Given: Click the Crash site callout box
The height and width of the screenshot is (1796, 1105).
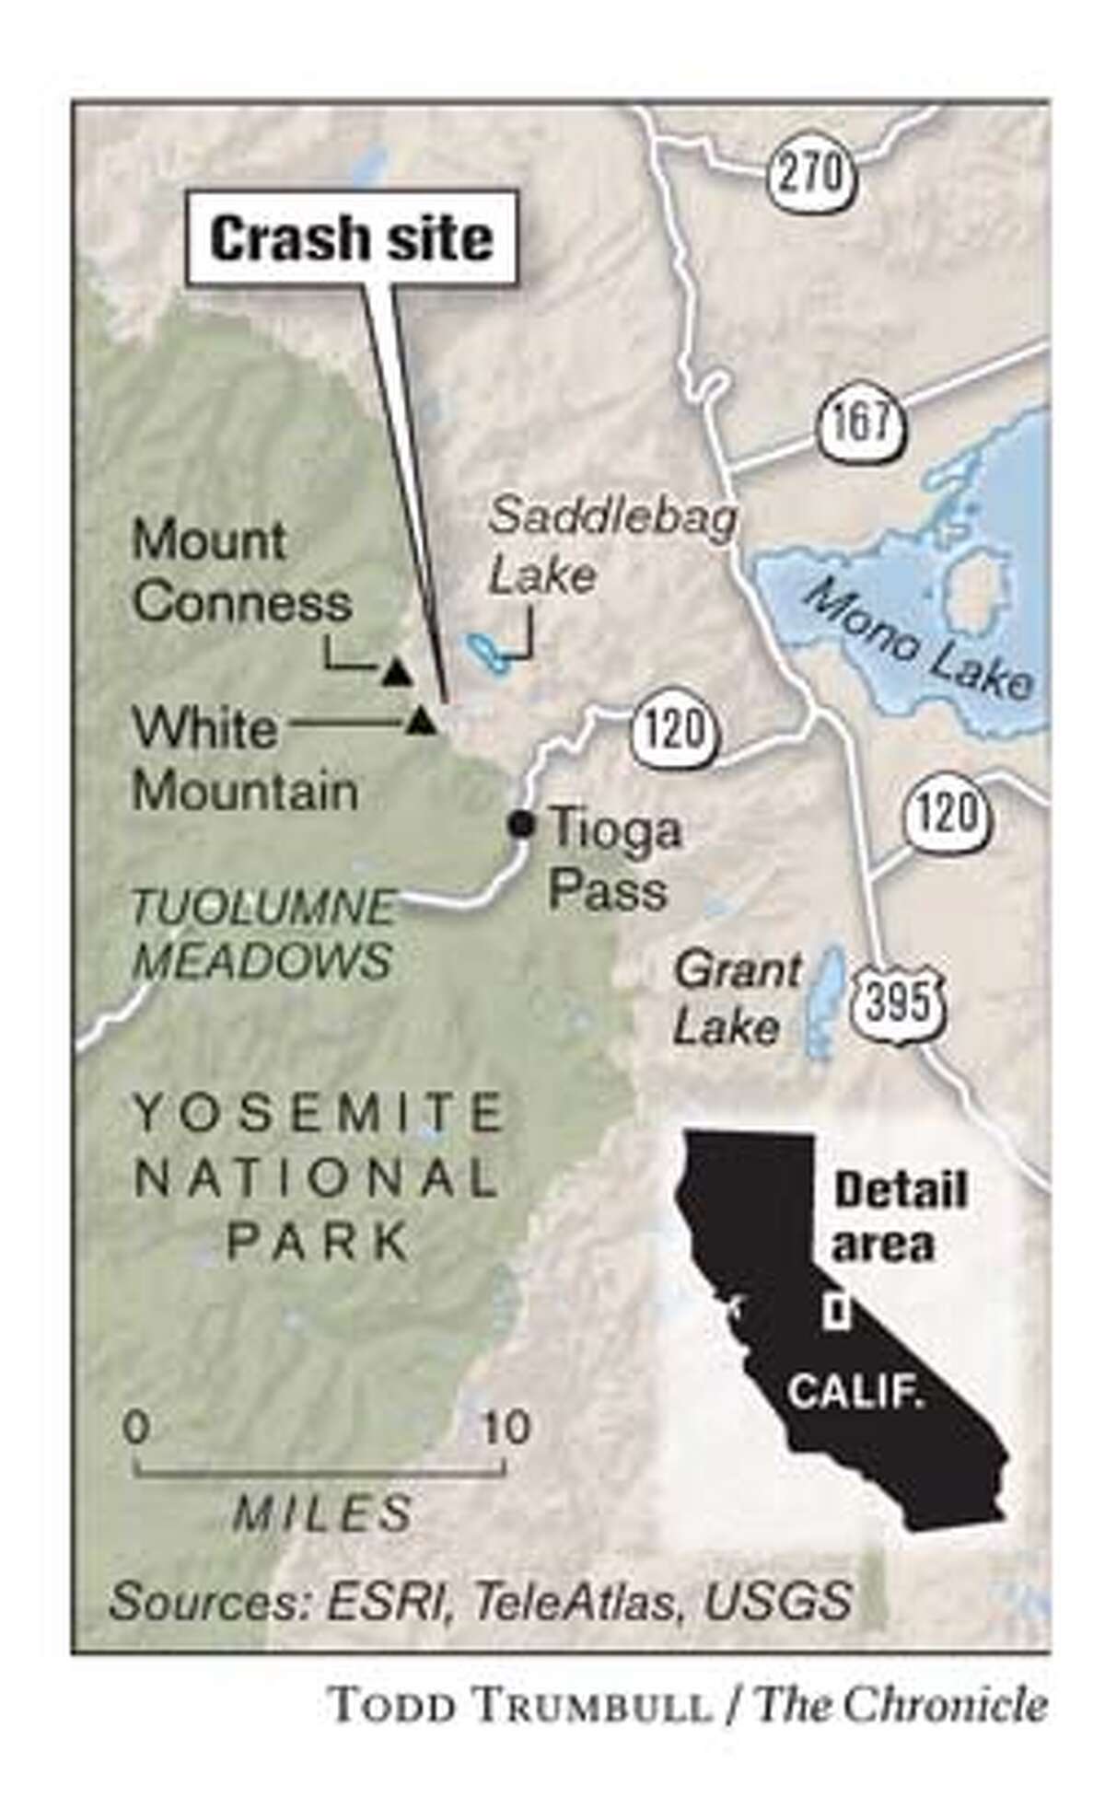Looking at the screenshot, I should point(351,238).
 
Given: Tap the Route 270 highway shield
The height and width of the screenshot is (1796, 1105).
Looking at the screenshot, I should point(808,171).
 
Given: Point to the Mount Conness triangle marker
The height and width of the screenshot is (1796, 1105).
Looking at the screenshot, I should point(396,673).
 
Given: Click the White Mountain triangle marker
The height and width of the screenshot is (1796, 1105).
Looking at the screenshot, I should point(421,722).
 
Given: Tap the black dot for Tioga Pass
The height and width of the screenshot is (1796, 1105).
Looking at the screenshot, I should point(522,824).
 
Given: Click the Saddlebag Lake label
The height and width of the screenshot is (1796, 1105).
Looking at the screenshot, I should point(612,546).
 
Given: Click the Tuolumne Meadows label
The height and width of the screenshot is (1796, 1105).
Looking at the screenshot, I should point(263,934).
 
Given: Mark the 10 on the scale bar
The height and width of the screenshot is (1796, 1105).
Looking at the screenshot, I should point(506,1427).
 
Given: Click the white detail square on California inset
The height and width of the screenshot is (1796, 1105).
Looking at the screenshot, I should point(836,1311).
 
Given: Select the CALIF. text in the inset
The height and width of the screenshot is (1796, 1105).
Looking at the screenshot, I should point(856,1391).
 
